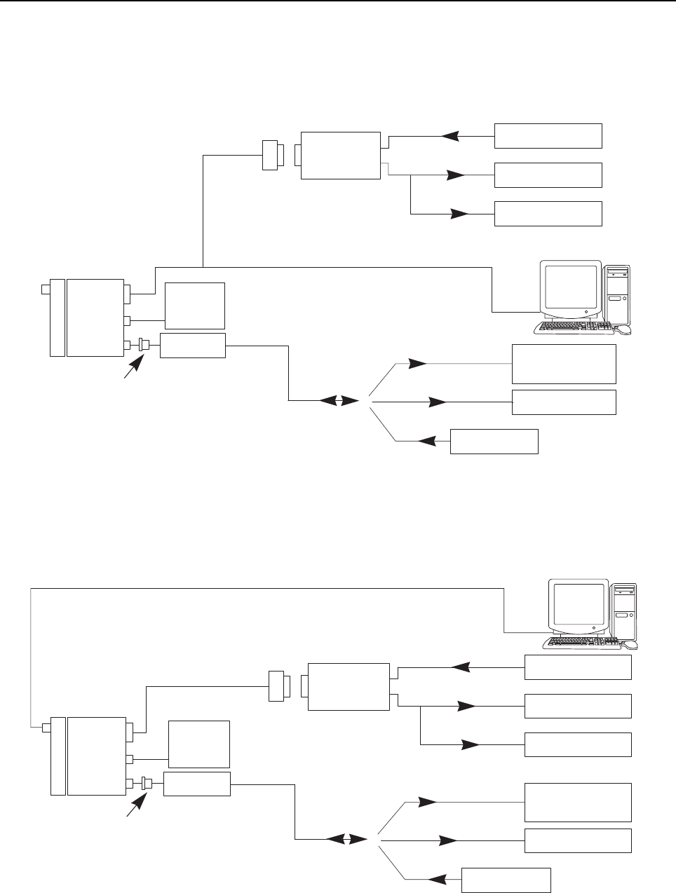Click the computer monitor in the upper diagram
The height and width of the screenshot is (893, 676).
[570, 289]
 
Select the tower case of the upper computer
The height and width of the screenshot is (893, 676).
[616, 294]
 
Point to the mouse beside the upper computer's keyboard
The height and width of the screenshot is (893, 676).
[623, 329]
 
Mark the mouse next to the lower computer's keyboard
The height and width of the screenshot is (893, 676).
[630, 643]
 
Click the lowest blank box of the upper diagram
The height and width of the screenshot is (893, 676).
[494, 442]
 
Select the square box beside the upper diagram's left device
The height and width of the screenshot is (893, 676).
[194, 306]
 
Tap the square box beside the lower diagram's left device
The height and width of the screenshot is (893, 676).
[199, 743]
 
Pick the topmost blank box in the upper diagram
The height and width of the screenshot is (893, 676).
[548, 135]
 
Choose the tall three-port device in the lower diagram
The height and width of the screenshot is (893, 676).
[96, 756]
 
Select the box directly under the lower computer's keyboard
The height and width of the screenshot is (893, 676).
[578, 667]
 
